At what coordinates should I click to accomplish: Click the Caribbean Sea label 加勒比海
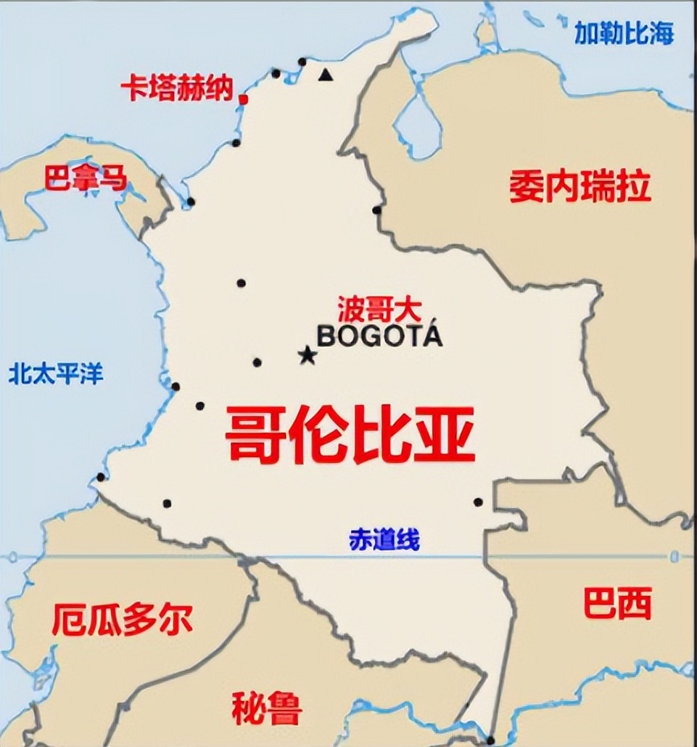(623, 33)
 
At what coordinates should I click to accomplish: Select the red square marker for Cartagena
(243, 99)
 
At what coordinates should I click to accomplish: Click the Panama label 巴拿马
(85, 177)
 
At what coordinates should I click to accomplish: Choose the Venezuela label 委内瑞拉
(579, 187)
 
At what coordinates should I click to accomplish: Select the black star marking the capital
(307, 355)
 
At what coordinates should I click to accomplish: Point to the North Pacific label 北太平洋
(56, 373)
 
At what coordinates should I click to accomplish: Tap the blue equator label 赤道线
(384, 540)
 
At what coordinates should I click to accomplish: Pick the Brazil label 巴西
(617, 603)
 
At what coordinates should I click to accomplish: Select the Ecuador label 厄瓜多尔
(122, 620)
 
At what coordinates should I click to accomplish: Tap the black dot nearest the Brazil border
(478, 502)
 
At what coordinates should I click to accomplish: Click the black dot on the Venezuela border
(377, 210)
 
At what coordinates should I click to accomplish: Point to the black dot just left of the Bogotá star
(257, 362)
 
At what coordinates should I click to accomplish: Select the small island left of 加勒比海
(485, 33)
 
